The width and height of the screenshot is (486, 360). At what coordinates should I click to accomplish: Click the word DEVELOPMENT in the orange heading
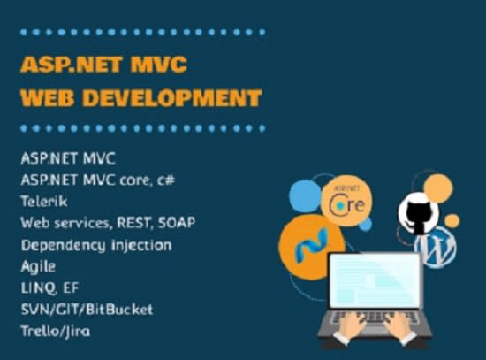[x=172, y=98]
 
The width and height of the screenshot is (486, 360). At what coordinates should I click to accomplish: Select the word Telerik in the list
[x=44, y=202]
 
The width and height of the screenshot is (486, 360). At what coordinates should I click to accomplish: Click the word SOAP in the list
[x=177, y=223]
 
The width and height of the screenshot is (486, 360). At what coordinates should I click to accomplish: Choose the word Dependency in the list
[x=64, y=246]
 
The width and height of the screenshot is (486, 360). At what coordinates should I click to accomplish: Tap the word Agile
[x=38, y=266]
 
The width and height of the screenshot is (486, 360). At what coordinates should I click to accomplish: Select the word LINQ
[x=39, y=288]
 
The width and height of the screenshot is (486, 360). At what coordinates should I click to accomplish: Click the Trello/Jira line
[x=56, y=331]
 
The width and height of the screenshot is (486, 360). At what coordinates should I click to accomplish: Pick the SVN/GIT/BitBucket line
[x=87, y=310]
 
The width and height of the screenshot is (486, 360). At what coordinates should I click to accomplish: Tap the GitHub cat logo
[x=418, y=213]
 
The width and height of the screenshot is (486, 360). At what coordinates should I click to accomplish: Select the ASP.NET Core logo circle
[x=346, y=201]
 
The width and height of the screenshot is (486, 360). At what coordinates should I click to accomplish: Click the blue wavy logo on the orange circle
[x=311, y=245]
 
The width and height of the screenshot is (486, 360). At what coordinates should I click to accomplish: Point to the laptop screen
[x=375, y=280]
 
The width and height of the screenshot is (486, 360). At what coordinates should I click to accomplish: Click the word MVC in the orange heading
[x=159, y=65]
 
